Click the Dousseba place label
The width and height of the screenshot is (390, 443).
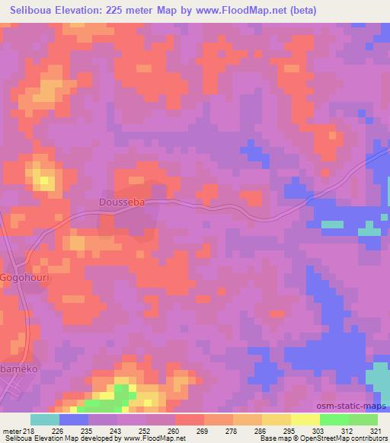tap(120, 203)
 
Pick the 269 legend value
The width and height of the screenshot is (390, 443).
tap(202, 431)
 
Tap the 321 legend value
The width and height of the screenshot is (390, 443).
tap(376, 431)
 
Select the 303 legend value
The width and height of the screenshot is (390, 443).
tap(318, 431)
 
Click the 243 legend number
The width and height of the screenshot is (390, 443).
tap(117, 431)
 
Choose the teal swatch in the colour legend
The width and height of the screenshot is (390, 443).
tap(45, 419)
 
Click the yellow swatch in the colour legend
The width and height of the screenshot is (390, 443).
tap(305, 419)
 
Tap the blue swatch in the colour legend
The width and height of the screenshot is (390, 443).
tap(74, 419)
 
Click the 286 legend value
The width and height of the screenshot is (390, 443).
tap(260, 431)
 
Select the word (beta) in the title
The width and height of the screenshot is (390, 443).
tap(299, 10)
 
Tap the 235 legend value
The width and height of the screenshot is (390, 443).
tap(86, 431)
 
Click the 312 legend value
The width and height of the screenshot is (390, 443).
tap(347, 431)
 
